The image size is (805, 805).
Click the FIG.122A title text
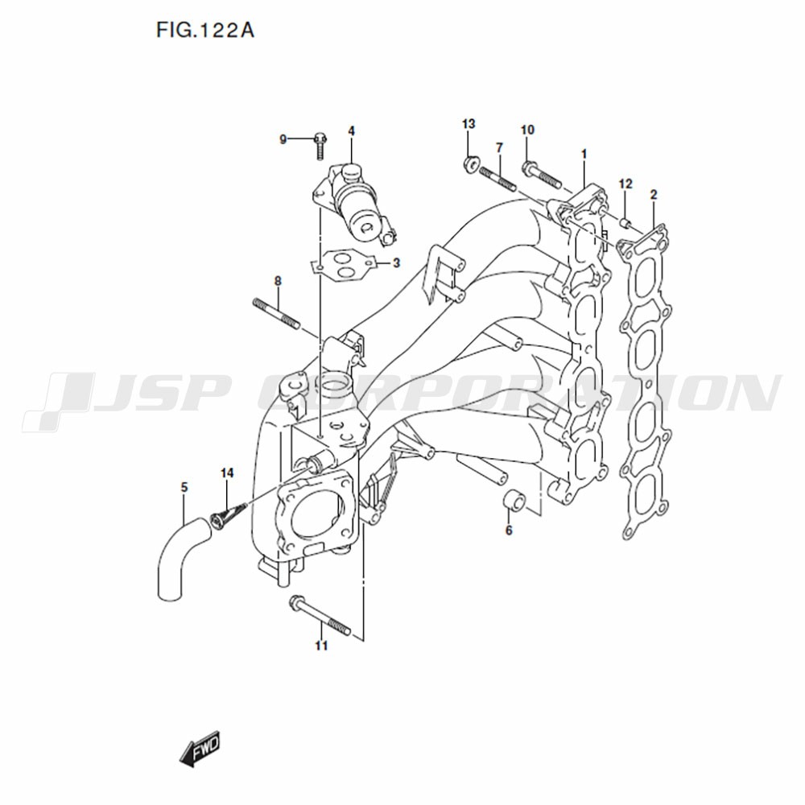(x=204, y=31)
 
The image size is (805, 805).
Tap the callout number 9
(x=283, y=139)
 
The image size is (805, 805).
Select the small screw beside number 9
(x=320, y=145)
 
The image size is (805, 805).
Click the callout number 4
(x=351, y=131)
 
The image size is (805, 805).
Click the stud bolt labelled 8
(x=277, y=313)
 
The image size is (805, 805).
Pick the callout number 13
(x=469, y=124)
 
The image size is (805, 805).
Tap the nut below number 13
(x=471, y=165)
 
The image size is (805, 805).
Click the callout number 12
(x=625, y=184)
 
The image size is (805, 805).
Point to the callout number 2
(x=654, y=195)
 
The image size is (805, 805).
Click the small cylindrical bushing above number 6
(x=514, y=500)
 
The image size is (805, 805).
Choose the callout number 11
(x=321, y=646)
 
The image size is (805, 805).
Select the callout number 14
(x=227, y=473)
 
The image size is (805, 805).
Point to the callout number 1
(x=584, y=154)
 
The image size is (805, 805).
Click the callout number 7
(x=500, y=147)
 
